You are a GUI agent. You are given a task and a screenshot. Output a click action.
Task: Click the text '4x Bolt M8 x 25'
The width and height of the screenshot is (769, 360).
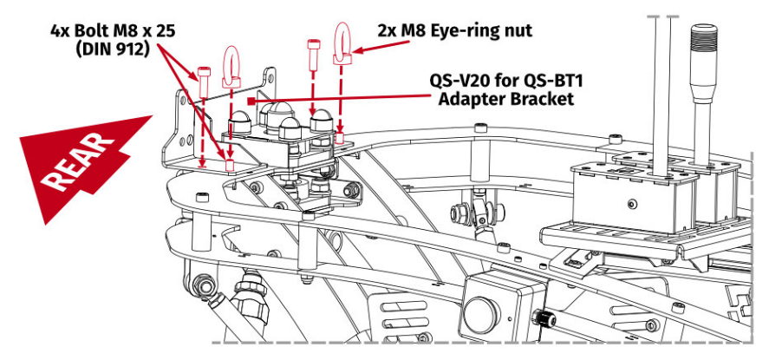[112, 29]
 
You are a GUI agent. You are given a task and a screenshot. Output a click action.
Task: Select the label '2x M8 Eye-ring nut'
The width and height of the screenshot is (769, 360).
[454, 30]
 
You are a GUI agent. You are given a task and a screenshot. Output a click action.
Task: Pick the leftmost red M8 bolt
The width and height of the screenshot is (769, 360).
[204, 82]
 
